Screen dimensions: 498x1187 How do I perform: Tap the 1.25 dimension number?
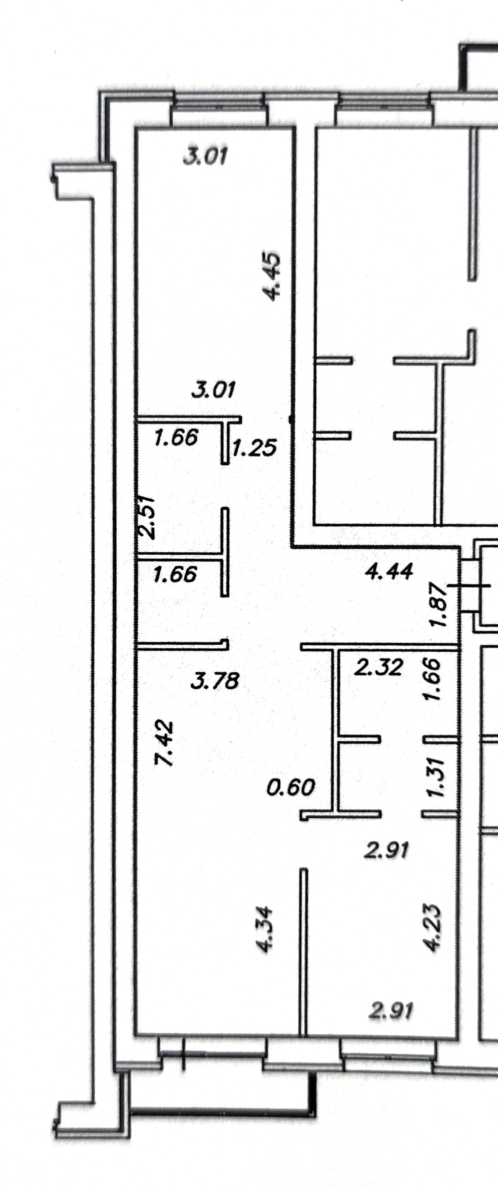(x=254, y=447)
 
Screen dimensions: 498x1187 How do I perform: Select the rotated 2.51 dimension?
(x=147, y=517)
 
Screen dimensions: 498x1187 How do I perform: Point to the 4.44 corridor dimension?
(x=389, y=571)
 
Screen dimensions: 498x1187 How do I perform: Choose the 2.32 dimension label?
(x=378, y=667)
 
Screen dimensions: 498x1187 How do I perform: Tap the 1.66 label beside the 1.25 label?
(x=176, y=437)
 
